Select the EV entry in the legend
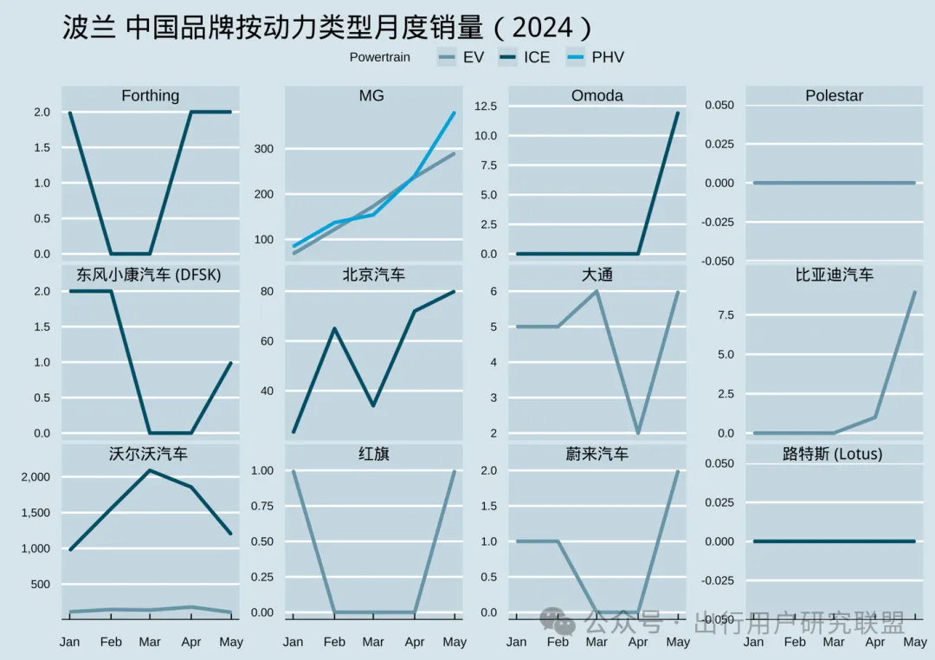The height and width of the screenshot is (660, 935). (473, 57)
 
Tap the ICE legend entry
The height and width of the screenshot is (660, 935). (537, 57)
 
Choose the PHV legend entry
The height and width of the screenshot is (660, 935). (608, 57)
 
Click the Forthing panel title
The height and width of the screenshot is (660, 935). (151, 95)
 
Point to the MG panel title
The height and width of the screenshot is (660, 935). (372, 95)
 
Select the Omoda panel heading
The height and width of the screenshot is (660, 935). (597, 95)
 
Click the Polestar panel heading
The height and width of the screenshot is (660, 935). (834, 95)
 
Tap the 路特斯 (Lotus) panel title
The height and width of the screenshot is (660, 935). (833, 453)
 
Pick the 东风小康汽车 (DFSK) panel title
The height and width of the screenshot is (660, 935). (149, 275)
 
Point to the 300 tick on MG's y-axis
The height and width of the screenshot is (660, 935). (263, 149)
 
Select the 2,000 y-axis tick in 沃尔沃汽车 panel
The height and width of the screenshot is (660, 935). (35, 477)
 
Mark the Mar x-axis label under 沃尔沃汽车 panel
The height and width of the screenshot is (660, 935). (150, 642)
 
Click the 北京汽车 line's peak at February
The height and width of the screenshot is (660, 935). (333, 328)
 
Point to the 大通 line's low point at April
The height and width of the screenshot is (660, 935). (638, 433)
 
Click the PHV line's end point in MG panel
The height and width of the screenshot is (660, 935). (455, 113)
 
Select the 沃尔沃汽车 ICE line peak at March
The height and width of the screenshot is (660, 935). (150, 470)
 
